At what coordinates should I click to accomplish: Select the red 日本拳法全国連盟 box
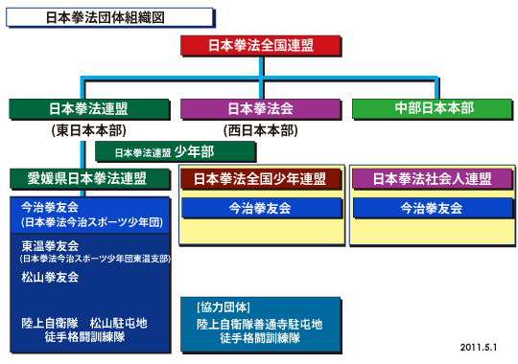point(260,45)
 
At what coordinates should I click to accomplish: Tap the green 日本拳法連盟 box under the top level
point(90,108)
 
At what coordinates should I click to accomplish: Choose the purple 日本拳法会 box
point(259,108)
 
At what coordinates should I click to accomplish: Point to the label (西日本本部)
point(259,129)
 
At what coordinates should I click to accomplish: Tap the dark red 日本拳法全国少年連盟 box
point(260,179)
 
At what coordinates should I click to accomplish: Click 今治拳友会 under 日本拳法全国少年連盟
point(260,207)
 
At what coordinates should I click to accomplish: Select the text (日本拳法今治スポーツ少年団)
point(81,221)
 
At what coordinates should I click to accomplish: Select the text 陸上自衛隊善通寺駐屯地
point(259,324)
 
